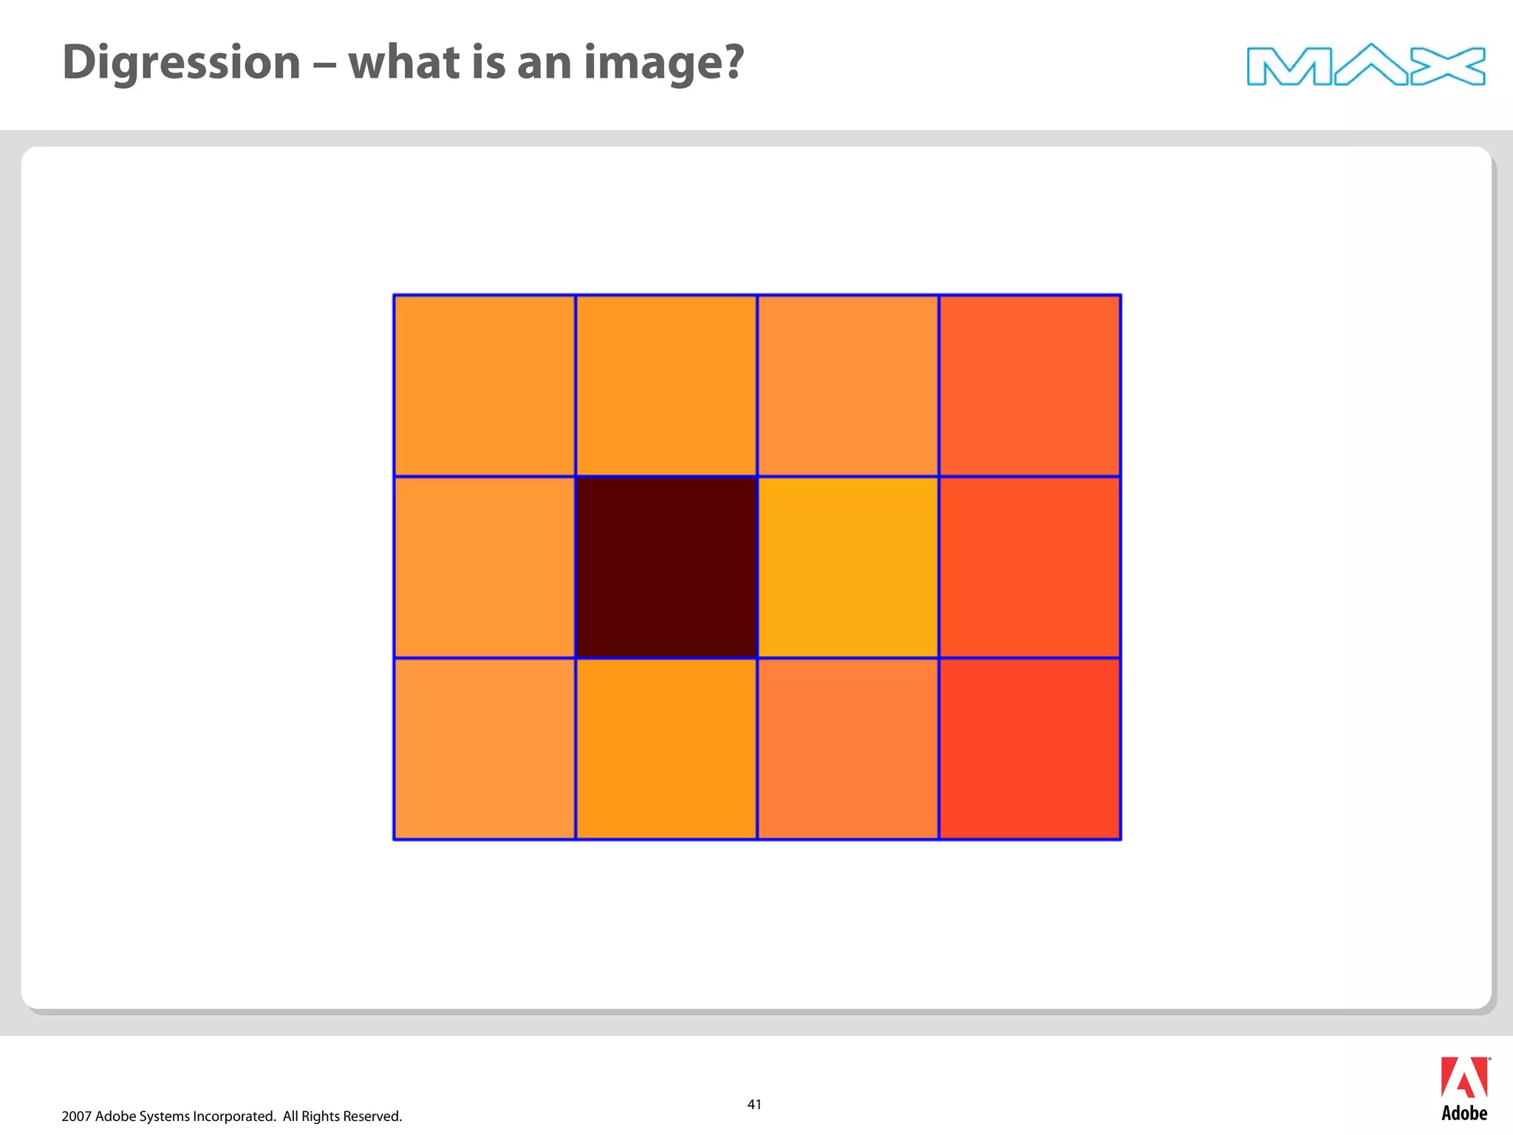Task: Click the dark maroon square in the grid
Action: coord(666,567)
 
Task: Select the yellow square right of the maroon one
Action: coord(848,567)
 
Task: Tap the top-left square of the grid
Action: coord(485,386)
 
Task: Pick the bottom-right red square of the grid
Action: coord(1030,749)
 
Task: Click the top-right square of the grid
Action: coord(1030,386)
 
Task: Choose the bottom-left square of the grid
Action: coord(485,749)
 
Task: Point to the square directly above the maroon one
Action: coord(666,386)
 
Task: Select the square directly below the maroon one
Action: coord(666,749)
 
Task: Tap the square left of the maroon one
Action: coord(485,567)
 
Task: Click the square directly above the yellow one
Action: coord(848,386)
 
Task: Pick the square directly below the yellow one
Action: coord(848,749)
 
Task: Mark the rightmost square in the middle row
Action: coord(1030,567)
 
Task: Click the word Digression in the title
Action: coord(182,63)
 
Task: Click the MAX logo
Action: coord(1365,65)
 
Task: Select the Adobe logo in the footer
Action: coord(1464,1088)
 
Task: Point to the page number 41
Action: coord(754,1105)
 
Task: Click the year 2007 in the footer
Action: coord(76,1117)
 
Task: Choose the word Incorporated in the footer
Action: coord(234,1117)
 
